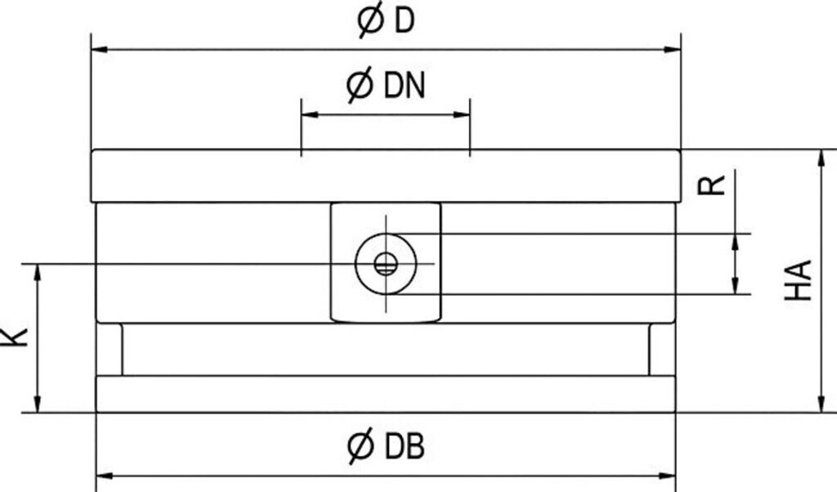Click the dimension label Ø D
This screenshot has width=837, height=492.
387,21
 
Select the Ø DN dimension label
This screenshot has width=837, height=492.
387,85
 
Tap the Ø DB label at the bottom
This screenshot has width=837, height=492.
387,446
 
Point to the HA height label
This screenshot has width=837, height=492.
799,280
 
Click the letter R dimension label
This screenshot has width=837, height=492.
713,183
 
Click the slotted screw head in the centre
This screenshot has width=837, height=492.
386,263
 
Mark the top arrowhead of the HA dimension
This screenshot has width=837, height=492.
820,158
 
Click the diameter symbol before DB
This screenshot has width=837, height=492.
360,446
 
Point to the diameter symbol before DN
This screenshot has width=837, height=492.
360,85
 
